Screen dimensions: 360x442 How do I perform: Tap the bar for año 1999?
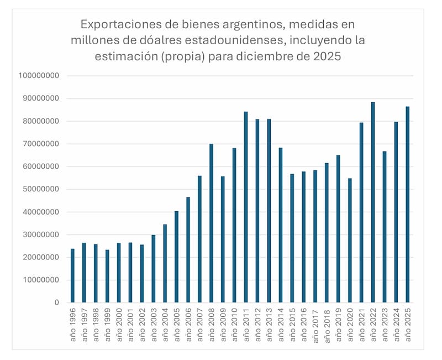coord(107,276)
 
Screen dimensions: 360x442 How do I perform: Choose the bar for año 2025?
coord(408,205)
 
